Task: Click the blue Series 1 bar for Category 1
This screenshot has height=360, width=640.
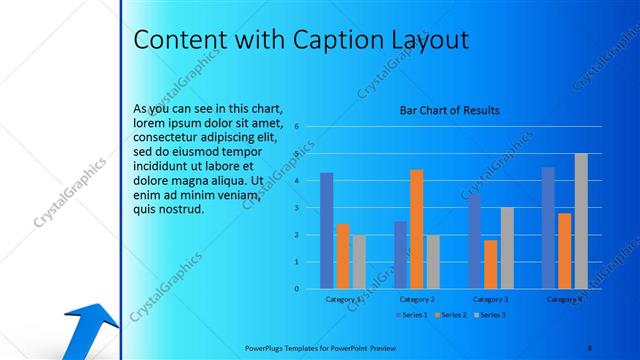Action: (x=327, y=230)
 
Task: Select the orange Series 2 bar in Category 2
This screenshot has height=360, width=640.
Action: (x=416, y=229)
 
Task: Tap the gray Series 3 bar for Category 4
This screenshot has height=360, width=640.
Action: (x=580, y=221)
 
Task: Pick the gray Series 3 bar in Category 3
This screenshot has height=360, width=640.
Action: (x=507, y=248)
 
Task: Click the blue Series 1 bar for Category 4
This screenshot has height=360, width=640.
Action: (x=548, y=228)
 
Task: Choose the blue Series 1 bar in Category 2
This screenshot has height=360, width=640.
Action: (x=400, y=254)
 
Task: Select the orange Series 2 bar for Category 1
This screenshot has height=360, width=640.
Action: (x=343, y=256)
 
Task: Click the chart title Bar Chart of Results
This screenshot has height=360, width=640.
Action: (x=449, y=110)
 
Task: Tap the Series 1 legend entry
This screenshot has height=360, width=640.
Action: (x=414, y=315)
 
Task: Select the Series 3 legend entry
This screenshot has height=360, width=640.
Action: (x=490, y=315)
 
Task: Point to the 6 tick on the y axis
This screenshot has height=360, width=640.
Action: (x=297, y=127)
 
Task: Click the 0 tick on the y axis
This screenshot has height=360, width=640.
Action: (x=297, y=289)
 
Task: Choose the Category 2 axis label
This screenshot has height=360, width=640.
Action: (x=417, y=299)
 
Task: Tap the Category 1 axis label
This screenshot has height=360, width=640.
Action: (x=343, y=299)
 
